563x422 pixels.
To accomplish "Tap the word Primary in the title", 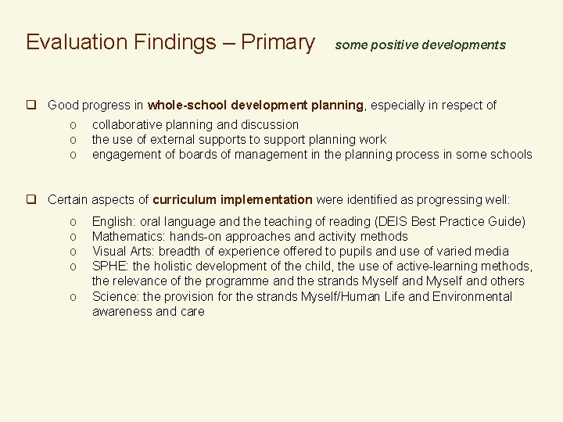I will [278, 42].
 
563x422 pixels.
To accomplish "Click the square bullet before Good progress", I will [32, 105].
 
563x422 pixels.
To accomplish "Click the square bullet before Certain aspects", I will [32, 199].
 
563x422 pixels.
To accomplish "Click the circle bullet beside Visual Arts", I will [72, 252].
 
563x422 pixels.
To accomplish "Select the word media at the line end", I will [491, 251].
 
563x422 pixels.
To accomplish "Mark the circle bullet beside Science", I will [72, 297].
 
